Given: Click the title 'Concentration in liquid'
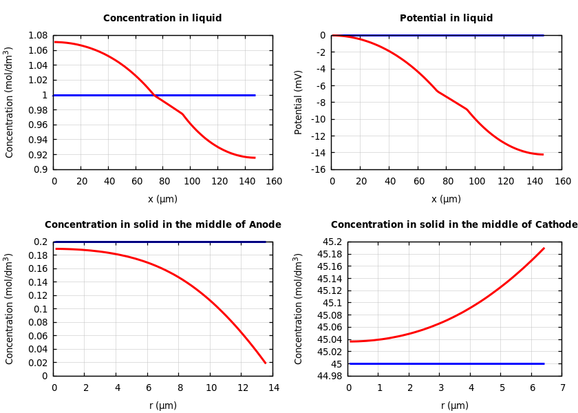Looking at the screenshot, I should pyautogui.click(x=162, y=19).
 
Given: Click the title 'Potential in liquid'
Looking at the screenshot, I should pyautogui.click(x=446, y=19).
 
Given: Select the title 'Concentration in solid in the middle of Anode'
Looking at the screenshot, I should pyautogui.click(x=162, y=225).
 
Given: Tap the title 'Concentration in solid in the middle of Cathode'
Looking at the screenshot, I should pyautogui.click(x=454, y=225).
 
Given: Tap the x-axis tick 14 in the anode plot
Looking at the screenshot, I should pyautogui.click(x=273, y=388).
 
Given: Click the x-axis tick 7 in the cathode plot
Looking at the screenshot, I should pyautogui.click(x=562, y=388).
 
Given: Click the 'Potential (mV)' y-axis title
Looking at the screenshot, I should pyautogui.click(x=299, y=102).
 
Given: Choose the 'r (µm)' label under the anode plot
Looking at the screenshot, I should pyautogui.click(x=162, y=406).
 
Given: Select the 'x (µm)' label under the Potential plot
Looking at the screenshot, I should pyautogui.click(x=446, y=200).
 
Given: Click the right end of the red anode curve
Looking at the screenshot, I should pyautogui.click(x=266, y=363).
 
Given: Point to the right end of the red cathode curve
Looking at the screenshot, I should pyautogui.click(x=544, y=248).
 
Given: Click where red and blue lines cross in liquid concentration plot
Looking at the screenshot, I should pyautogui.click(x=154, y=95).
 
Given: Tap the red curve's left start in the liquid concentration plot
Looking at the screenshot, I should pyautogui.click(x=54, y=42).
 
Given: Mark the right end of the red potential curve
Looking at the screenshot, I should pyautogui.click(x=543, y=155).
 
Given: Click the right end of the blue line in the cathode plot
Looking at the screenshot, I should pyautogui.click(x=544, y=363).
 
